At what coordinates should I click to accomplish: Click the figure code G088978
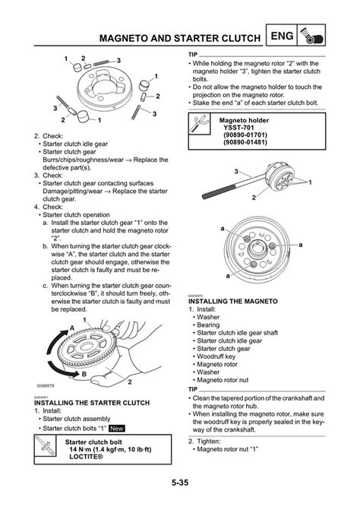tap(47, 386)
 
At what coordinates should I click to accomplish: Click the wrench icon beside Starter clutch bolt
tap(46, 448)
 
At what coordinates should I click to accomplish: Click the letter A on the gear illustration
tap(73, 326)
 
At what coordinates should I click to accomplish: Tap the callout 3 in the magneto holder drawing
tap(238, 170)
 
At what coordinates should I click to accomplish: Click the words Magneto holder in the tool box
tap(242, 120)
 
